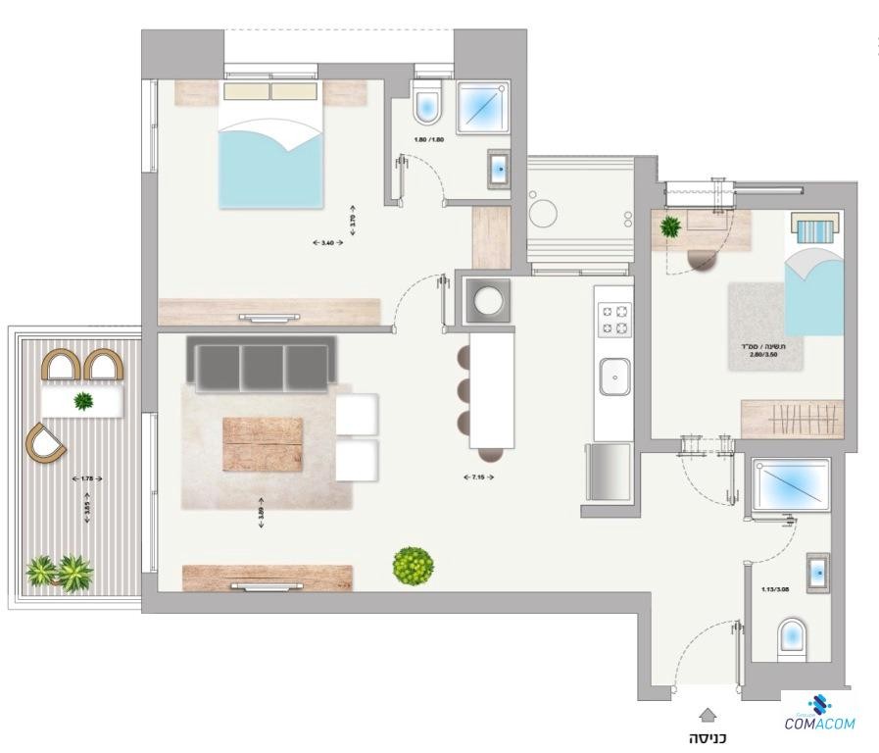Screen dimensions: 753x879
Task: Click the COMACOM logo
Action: (x=818, y=715)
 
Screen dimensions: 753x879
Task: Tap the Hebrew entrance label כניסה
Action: (x=708, y=738)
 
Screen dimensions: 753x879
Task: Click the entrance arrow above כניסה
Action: (x=708, y=717)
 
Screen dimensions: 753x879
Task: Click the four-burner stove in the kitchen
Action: (x=614, y=319)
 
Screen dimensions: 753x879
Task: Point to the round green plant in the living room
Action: (x=413, y=566)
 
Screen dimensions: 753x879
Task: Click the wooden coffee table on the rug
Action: (x=263, y=444)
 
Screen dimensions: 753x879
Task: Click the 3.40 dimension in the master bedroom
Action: (x=327, y=242)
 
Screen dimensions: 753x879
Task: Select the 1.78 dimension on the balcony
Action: (x=87, y=478)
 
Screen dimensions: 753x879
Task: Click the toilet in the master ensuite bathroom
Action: (x=428, y=105)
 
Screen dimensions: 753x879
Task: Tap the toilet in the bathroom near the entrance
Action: (x=791, y=637)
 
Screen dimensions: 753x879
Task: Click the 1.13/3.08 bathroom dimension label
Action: (x=774, y=589)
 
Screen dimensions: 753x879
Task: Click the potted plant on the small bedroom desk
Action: (x=671, y=227)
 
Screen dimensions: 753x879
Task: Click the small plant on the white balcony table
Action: (x=83, y=400)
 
